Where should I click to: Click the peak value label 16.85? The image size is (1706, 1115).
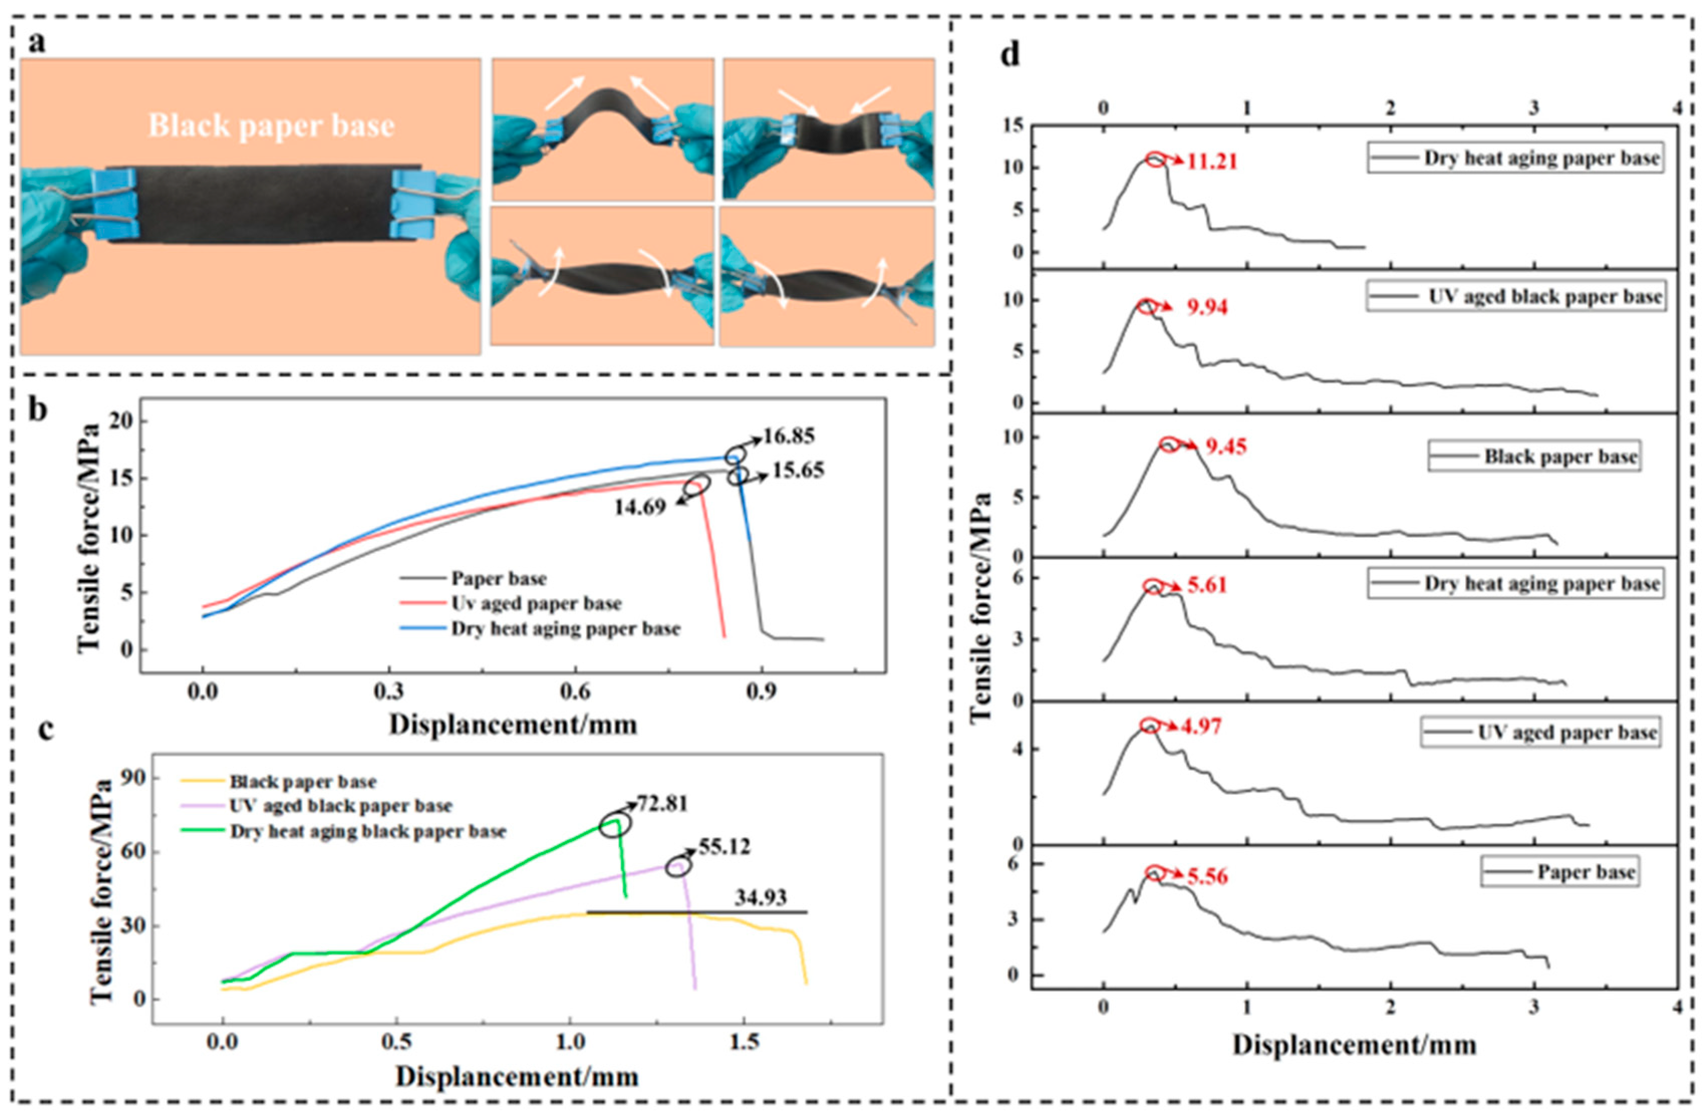tap(789, 436)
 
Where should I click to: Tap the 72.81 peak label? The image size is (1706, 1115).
tap(662, 804)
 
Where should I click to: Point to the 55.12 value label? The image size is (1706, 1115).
tap(724, 847)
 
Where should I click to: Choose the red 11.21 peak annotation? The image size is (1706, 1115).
tap(1211, 162)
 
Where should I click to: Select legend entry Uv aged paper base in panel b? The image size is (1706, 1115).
tap(536, 604)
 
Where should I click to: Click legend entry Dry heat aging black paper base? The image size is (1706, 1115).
tap(368, 832)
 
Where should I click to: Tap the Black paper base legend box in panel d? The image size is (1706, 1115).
tap(1533, 457)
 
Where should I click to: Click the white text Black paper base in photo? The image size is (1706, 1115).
tap(271, 126)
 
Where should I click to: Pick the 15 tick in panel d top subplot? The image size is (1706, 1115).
tap(1012, 126)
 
